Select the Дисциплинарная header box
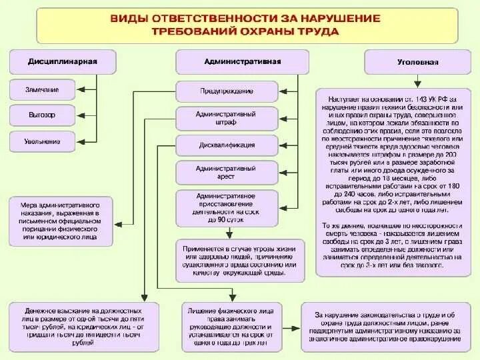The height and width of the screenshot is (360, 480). point(53,62)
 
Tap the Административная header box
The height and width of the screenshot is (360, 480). point(241,62)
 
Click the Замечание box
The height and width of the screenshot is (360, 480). point(43,89)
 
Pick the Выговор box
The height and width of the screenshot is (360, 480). point(43,115)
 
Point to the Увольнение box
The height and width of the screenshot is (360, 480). point(43,141)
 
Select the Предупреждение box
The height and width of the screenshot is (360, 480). point(226,91)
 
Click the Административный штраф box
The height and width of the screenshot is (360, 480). point(226,119)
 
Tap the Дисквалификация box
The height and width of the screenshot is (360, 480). point(226,145)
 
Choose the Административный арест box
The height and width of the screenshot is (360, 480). point(226,173)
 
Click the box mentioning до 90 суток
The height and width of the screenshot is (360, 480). point(226,207)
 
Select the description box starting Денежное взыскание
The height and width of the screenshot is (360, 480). point(83,326)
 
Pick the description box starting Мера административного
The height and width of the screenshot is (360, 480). point(61,218)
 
